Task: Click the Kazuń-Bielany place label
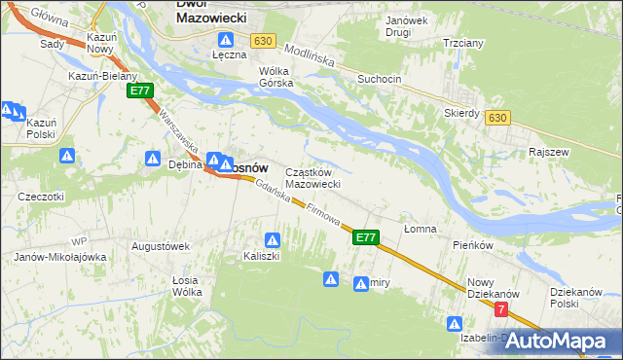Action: [x=102, y=76]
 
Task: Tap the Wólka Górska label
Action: [x=275, y=77]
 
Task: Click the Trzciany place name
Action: [x=462, y=45]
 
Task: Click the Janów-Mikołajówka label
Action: [x=59, y=257]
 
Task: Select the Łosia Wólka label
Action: [x=186, y=286]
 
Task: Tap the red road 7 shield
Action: [x=501, y=309]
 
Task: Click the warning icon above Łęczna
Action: [x=226, y=41]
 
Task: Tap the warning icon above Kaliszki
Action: [x=274, y=239]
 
